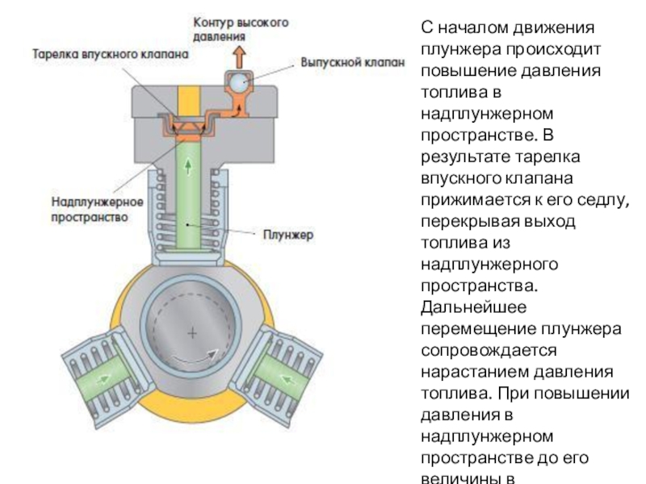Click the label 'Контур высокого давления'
tap(241, 28)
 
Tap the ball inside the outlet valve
tap(239, 82)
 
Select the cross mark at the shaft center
tap(192, 333)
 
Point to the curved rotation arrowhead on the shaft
tap(215, 353)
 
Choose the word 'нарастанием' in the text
tap(473, 373)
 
